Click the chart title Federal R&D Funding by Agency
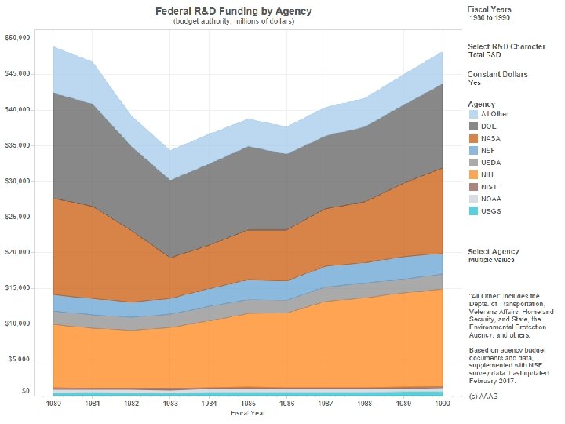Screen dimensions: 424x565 click(232, 12)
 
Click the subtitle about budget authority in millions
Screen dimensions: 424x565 click(234, 22)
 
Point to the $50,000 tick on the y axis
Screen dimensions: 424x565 click(17, 38)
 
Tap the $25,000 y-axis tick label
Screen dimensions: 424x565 click(17, 216)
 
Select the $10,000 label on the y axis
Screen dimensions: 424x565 click(17, 323)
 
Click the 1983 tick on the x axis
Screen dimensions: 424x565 click(169, 404)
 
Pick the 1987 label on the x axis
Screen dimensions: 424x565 click(325, 404)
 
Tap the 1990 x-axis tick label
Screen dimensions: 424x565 click(441, 404)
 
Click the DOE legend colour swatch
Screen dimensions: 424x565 click(474, 126)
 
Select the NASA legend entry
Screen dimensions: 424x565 click(490, 138)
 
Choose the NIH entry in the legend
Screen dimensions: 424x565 click(487, 174)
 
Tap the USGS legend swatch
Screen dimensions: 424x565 click(474, 211)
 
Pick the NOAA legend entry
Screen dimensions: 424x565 click(491, 199)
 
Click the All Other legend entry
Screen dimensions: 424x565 click(494, 114)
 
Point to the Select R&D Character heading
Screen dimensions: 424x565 click(505, 47)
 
